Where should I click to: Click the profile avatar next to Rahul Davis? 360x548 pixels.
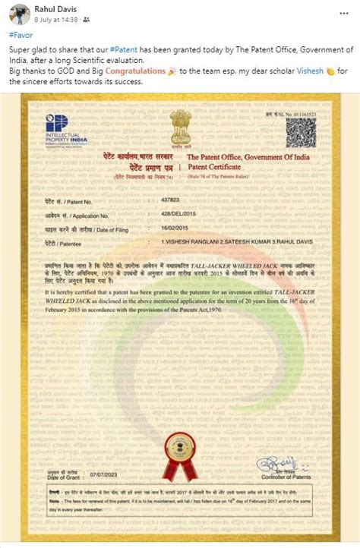tap(11, 11)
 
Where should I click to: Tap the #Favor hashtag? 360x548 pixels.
tap(21, 35)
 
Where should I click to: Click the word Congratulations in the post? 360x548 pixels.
tap(134, 71)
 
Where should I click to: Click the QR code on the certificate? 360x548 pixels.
tap(300, 132)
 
